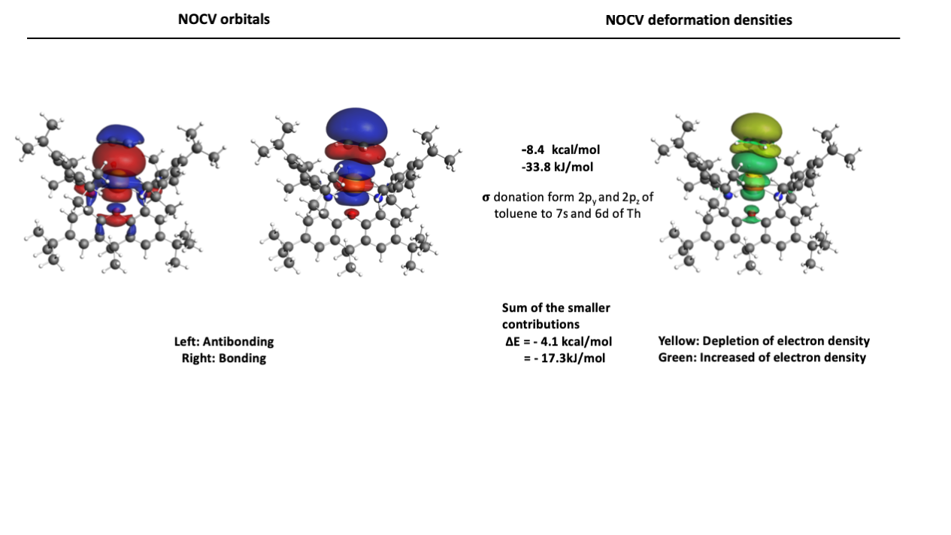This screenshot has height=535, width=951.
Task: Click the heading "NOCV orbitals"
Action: pyautogui.click(x=224, y=20)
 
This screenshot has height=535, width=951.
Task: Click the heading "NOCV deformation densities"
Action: pyautogui.click(x=698, y=20)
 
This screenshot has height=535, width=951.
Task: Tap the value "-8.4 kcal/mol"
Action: pyautogui.click(x=560, y=150)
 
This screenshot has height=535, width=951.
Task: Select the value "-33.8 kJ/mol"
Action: pyautogui.click(x=557, y=167)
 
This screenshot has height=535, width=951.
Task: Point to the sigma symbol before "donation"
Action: pyautogui.click(x=486, y=198)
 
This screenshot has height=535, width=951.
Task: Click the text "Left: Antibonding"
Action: pyautogui.click(x=224, y=342)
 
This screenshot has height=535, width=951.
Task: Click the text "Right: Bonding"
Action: pyautogui.click(x=224, y=358)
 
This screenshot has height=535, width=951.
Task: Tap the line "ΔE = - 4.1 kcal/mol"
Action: pyautogui.click(x=559, y=342)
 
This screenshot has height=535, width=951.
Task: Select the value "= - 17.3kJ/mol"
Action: pyautogui.click(x=565, y=358)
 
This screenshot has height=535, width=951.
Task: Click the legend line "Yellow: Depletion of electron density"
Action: pyautogui.click(x=764, y=341)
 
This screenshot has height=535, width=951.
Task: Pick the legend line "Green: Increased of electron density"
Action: pyautogui.click(x=762, y=358)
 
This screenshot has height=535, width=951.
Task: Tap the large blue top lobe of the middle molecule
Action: pyautogui.click(x=356, y=126)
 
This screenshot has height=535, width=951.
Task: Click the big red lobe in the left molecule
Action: pyautogui.click(x=119, y=159)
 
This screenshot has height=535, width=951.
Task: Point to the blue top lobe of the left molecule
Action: pyautogui.click(x=120, y=134)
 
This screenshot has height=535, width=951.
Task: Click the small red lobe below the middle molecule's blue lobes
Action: pyautogui.click(x=352, y=213)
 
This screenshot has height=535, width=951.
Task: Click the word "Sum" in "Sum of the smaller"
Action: pyautogui.click(x=513, y=308)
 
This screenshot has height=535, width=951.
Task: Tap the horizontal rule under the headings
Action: pyautogui.click(x=463, y=38)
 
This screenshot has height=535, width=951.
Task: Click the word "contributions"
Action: pyautogui.click(x=541, y=325)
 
